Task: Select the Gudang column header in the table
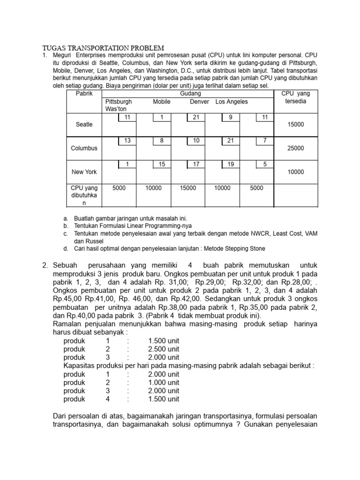coord(187,94)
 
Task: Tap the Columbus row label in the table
coord(84,148)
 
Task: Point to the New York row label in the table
coord(84,172)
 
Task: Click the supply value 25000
coord(296,148)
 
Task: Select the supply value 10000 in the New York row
coord(296,172)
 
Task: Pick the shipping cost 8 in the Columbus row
coord(162,141)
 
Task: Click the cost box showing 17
coord(196,164)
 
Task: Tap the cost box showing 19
coord(230,164)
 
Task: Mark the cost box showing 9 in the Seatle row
coord(230,117)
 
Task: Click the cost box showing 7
coord(265,141)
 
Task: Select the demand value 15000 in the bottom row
coord(188,188)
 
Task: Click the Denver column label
coord(200,102)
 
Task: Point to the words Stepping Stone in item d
coord(246,248)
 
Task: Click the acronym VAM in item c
coord(310,233)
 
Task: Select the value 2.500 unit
coord(164,349)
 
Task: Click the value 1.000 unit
coord(164,382)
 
